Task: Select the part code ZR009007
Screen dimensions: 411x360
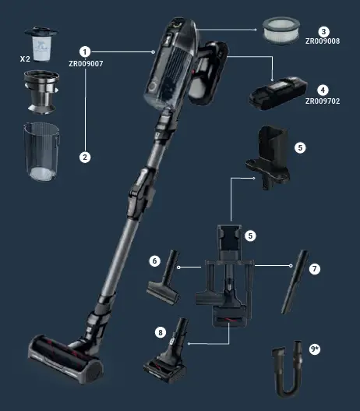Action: tap(86, 64)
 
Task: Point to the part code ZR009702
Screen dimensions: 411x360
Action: tap(322, 101)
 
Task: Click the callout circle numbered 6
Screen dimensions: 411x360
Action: tap(155, 260)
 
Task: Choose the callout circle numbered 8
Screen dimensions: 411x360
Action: tap(161, 332)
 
